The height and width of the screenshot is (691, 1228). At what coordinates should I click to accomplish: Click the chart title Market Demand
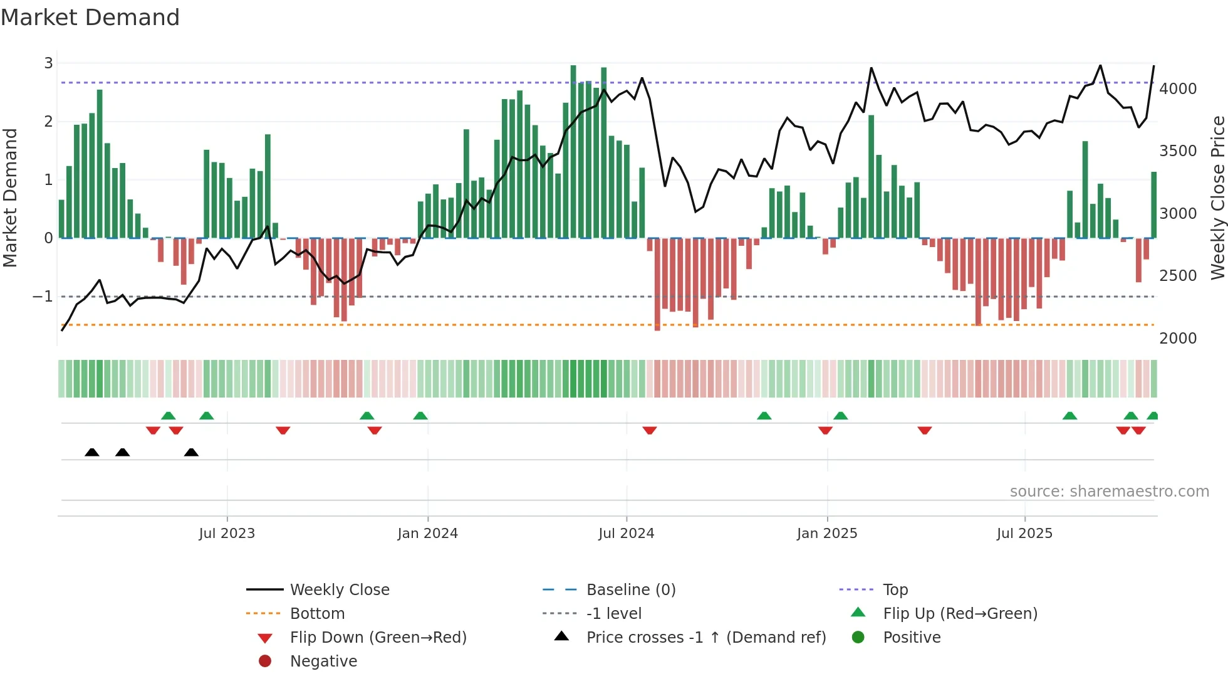90,18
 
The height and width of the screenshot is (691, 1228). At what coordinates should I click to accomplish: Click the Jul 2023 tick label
227,534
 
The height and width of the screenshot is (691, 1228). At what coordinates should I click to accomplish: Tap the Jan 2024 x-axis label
427,534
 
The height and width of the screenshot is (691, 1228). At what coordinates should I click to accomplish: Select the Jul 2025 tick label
1024,534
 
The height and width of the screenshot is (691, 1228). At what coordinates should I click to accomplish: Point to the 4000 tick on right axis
1177,89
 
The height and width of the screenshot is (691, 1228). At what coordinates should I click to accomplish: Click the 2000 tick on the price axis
1177,339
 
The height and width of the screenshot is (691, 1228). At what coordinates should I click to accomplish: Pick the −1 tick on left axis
43,297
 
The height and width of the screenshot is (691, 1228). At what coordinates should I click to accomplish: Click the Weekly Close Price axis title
1217,198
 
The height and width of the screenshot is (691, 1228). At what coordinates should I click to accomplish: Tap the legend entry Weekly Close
339,590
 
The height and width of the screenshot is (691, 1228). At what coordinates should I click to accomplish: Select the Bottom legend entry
317,614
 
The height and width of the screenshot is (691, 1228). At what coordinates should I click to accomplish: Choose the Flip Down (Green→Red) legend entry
378,638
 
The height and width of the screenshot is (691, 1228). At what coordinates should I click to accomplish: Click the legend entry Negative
323,662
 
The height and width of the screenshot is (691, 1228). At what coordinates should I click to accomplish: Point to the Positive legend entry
912,638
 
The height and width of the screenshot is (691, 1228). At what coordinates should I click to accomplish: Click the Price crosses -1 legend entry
705,638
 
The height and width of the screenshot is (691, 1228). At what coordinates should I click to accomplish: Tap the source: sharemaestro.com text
1109,492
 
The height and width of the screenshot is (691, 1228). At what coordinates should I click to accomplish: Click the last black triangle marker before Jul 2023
191,453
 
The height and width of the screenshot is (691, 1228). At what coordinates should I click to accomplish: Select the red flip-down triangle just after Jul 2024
649,430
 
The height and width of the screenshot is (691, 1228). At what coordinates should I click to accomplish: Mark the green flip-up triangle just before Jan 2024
420,416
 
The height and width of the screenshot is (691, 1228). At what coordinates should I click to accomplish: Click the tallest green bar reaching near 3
573,150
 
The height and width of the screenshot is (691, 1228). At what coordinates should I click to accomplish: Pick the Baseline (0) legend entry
630,590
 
